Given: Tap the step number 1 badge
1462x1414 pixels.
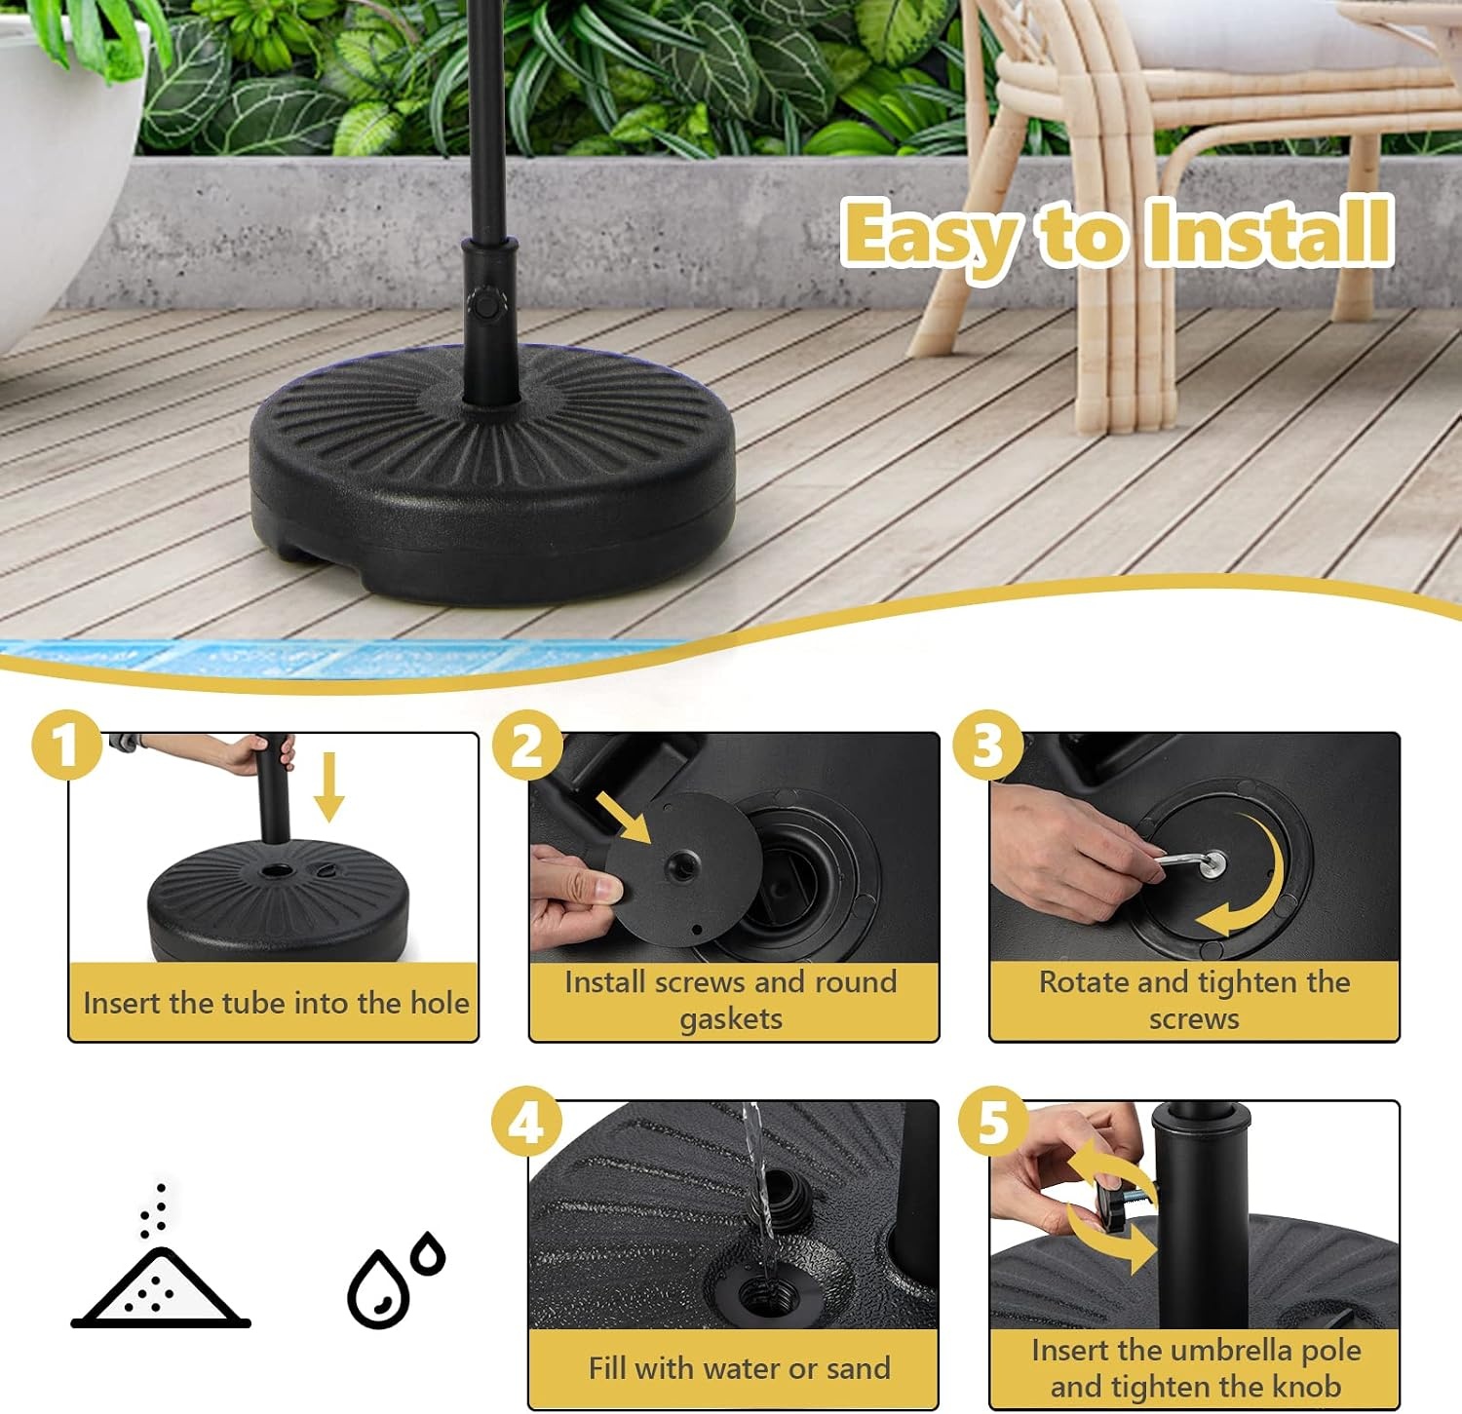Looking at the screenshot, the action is pos(66,745).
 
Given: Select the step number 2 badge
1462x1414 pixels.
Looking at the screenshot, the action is pos(527,745).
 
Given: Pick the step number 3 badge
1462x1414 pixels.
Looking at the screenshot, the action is pos(988,745).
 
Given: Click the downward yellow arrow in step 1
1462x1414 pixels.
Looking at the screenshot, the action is pos(329,786).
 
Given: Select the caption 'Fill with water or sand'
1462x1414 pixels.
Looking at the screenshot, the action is pos(739,1368).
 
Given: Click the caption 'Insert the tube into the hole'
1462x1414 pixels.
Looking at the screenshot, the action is pos(276,1003).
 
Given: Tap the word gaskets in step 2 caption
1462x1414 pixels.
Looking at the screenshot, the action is pos(731,1019).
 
